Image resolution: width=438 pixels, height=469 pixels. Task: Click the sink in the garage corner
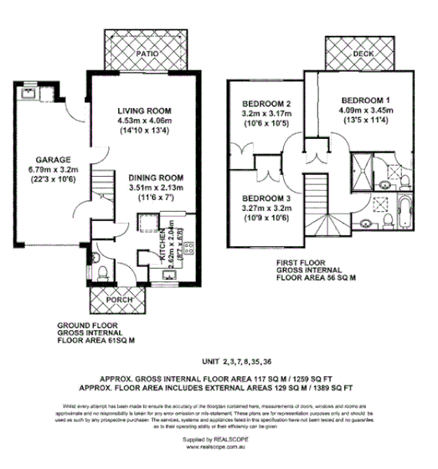[24, 92]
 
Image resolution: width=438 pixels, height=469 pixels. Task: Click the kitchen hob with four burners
[188, 247]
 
